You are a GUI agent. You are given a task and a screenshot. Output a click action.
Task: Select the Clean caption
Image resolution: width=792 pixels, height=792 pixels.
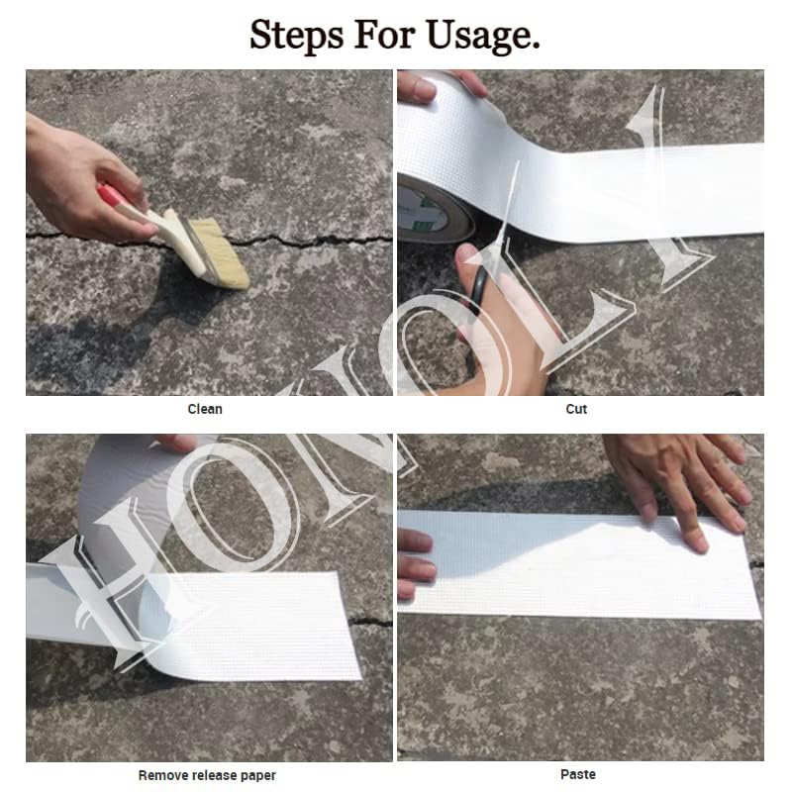205,409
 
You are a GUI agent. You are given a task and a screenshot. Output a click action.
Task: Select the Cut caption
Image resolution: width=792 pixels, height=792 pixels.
577,409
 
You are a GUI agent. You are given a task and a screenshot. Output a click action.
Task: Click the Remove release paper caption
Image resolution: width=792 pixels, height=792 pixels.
207,775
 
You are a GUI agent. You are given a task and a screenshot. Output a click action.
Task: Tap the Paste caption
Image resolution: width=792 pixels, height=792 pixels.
578,774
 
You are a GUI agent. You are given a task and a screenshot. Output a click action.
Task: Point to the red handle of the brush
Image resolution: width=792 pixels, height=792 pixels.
111,196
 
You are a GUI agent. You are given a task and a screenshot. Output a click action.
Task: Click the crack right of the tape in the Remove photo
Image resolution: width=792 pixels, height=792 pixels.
371,622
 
